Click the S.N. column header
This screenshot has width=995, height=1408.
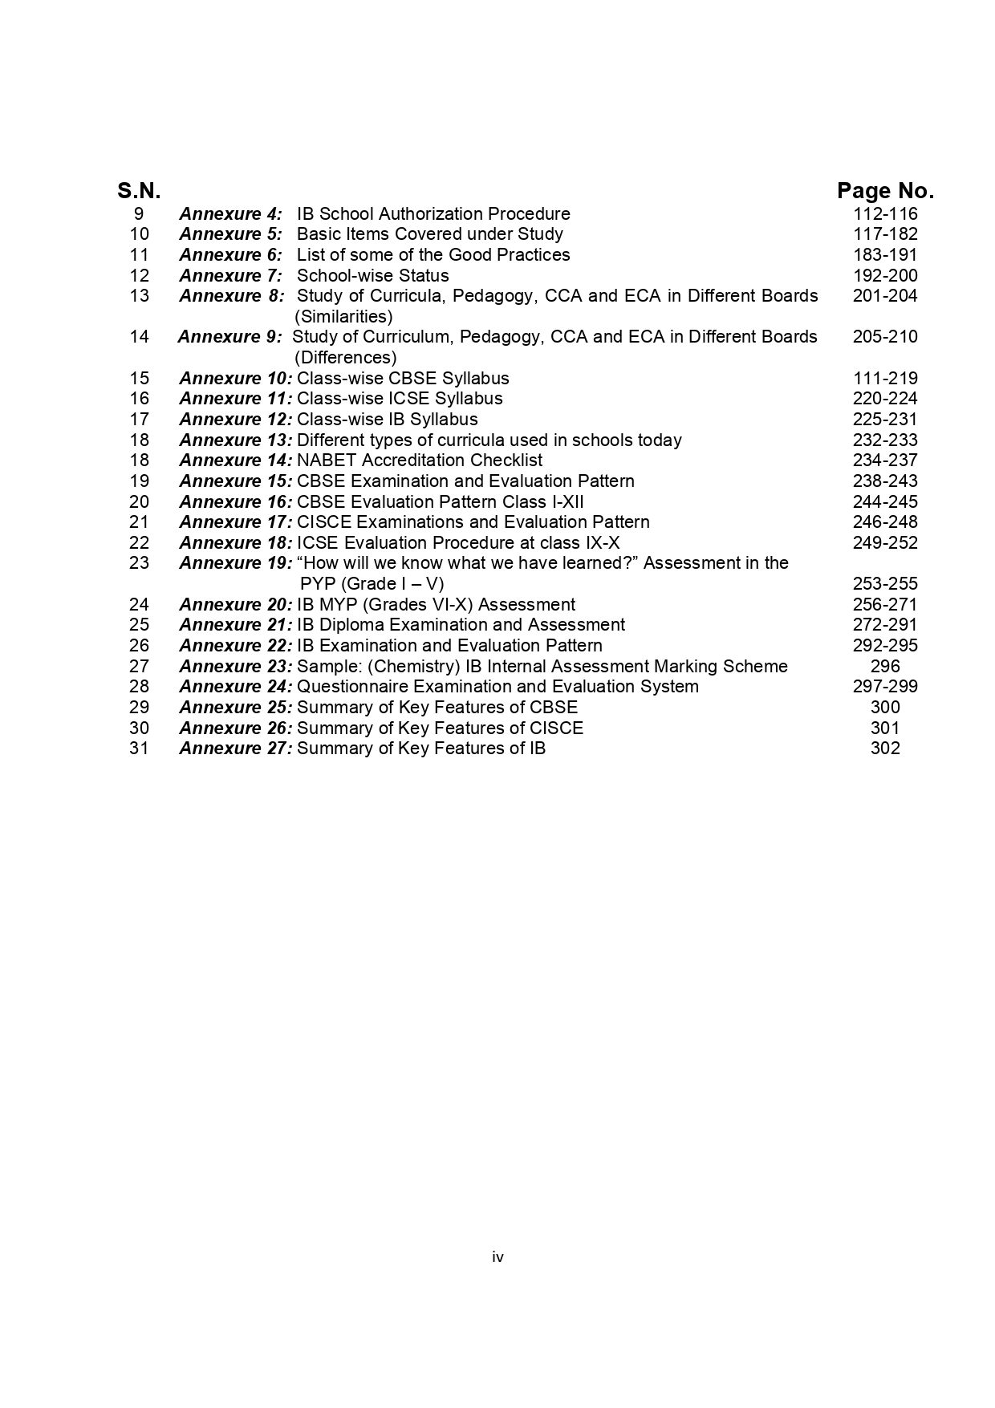(139, 191)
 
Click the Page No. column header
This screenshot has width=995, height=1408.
(885, 191)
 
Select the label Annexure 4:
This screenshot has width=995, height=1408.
(231, 214)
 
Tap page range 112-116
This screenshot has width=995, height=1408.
(885, 214)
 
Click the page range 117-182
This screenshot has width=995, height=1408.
(885, 234)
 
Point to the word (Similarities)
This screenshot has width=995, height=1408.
(343, 316)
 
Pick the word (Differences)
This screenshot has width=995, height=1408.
(345, 358)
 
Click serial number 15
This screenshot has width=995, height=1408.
(139, 379)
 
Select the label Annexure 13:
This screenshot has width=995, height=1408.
(236, 440)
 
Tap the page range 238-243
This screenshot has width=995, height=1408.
(885, 481)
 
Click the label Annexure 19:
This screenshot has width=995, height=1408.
(236, 563)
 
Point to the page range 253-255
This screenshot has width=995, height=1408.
(885, 584)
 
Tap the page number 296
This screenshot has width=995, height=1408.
(885, 667)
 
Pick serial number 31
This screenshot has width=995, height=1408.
(139, 749)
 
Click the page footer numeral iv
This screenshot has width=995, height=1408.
(497, 1257)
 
